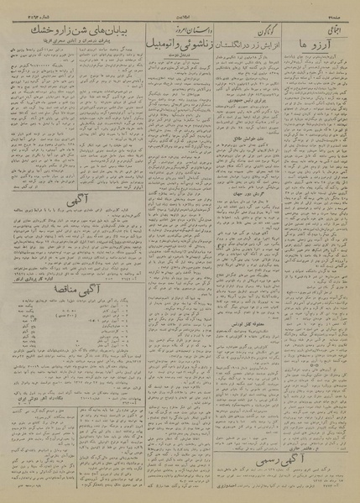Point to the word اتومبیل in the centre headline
click(x=158, y=39)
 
